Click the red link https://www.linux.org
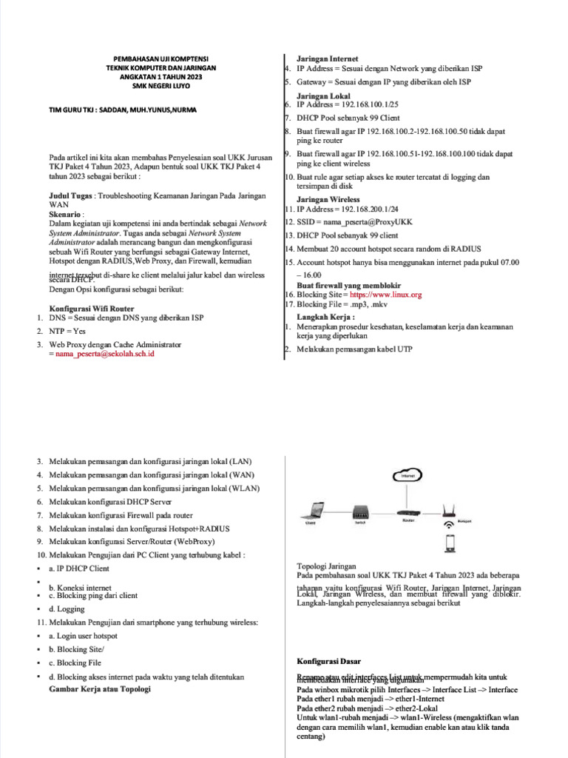[x=390, y=295]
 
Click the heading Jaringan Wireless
[x=328, y=200]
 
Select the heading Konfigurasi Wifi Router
[x=91, y=308]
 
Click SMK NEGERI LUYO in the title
[x=160, y=86]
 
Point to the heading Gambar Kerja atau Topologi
[x=100, y=689]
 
